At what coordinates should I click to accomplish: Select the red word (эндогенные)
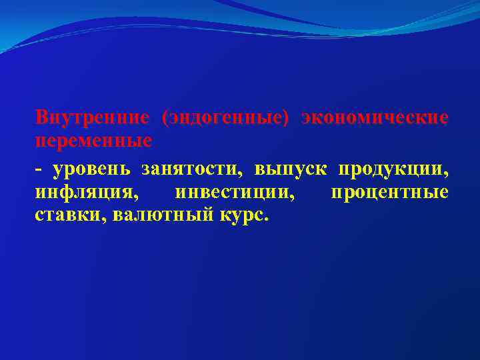225,118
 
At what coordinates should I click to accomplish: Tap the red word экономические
375,118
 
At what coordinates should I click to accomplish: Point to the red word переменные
94,141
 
